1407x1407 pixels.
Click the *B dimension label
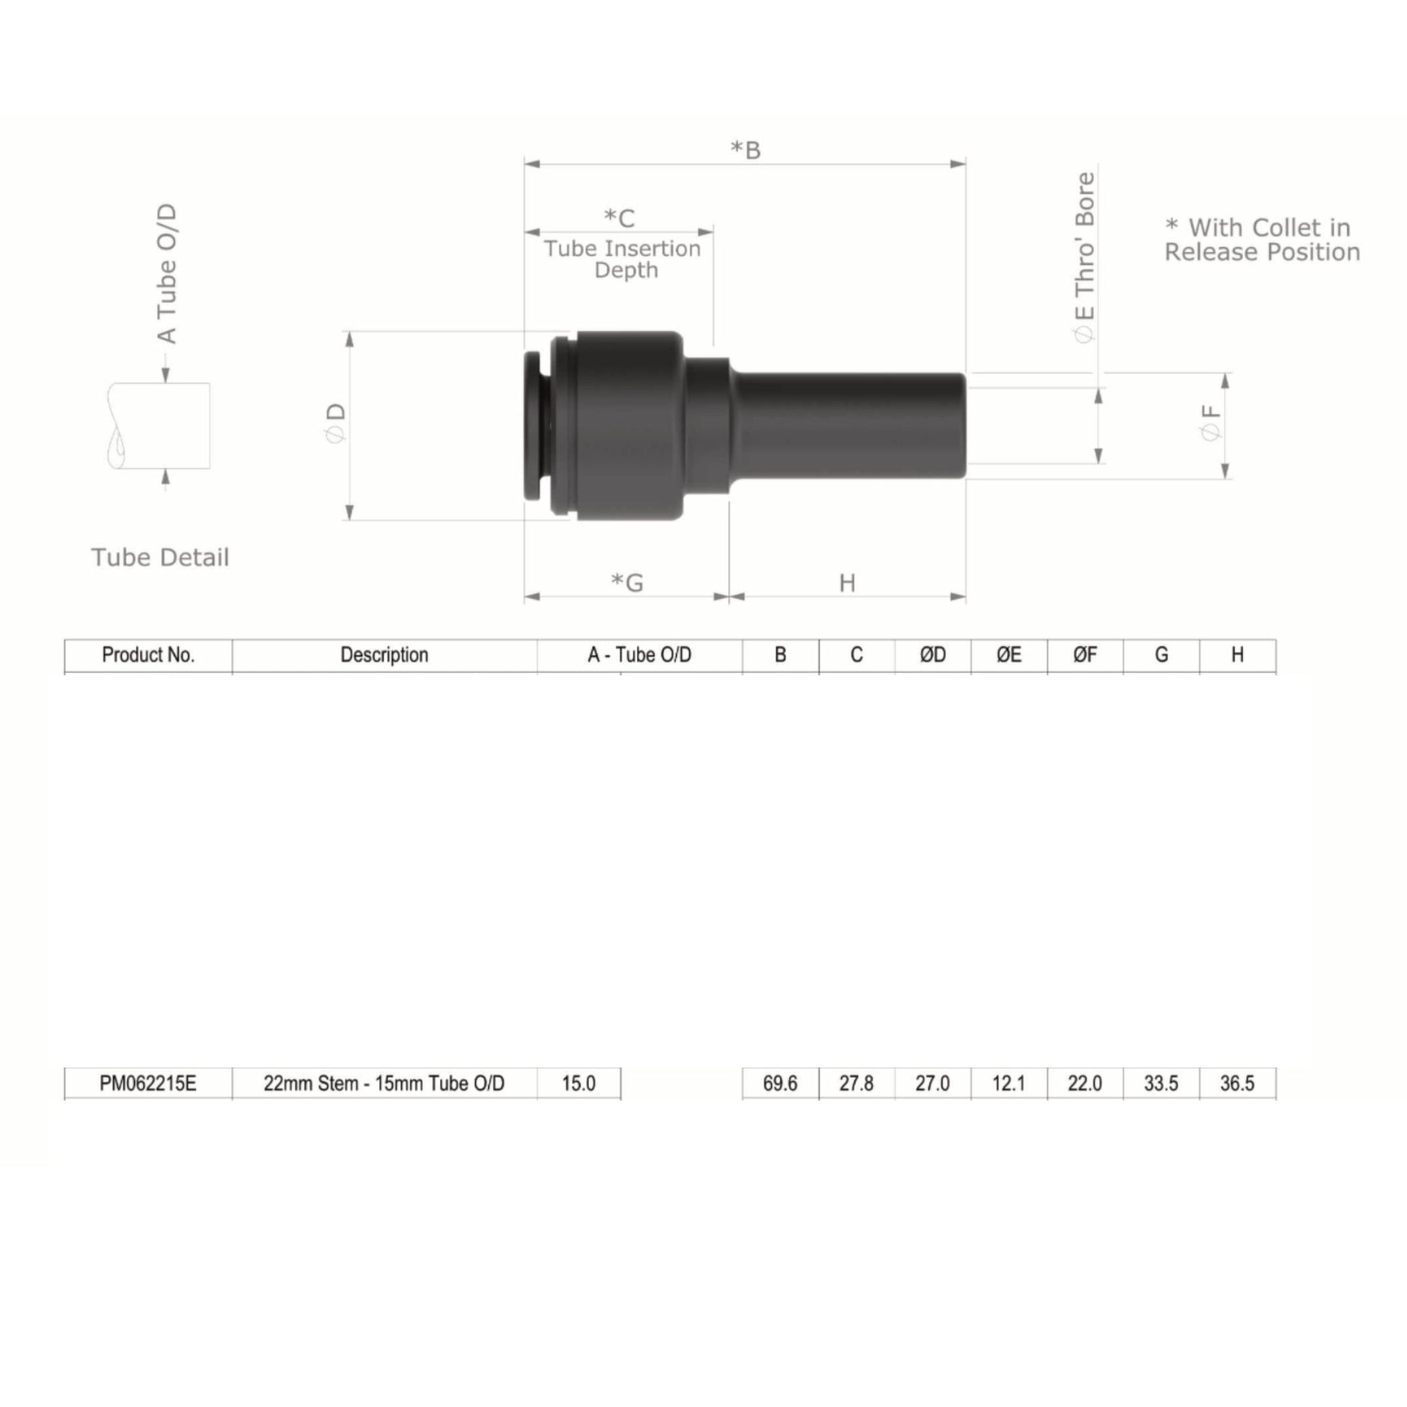745,150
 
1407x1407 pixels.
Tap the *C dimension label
619,218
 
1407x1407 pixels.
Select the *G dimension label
627,583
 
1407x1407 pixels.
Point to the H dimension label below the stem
847,583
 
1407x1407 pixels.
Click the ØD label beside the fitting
335,422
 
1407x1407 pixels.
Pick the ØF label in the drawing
1210,422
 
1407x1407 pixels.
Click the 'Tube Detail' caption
161,557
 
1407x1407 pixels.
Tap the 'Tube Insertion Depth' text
623,260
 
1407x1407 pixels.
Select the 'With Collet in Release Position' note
1262,239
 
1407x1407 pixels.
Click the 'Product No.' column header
148,655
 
